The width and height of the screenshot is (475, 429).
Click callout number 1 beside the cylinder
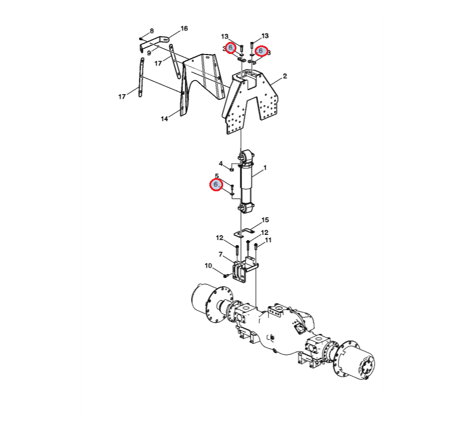click(x=265, y=168)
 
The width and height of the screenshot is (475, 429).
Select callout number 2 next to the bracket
click(x=285, y=76)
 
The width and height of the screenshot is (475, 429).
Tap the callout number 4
click(x=221, y=164)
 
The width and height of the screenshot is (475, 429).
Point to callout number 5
click(x=217, y=176)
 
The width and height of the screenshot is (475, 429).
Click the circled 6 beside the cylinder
click(x=216, y=185)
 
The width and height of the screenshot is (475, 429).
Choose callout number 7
click(x=220, y=254)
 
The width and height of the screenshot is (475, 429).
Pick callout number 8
click(x=152, y=31)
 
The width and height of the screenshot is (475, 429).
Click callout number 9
click(x=149, y=53)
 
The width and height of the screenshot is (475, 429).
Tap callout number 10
click(x=208, y=266)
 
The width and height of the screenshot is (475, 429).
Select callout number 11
click(x=268, y=240)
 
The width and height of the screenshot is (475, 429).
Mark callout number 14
click(x=164, y=119)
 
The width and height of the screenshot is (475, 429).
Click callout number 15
click(x=265, y=220)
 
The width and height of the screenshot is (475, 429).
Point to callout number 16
click(x=184, y=29)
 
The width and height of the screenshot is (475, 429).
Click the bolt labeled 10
click(x=225, y=276)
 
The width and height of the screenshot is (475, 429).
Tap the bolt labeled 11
click(x=256, y=246)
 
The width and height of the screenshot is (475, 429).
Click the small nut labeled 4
click(x=232, y=169)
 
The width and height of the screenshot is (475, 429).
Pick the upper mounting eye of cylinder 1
click(x=246, y=156)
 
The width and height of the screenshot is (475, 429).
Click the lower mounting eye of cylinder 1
click(x=246, y=208)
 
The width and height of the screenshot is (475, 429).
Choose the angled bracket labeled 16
click(x=153, y=42)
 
